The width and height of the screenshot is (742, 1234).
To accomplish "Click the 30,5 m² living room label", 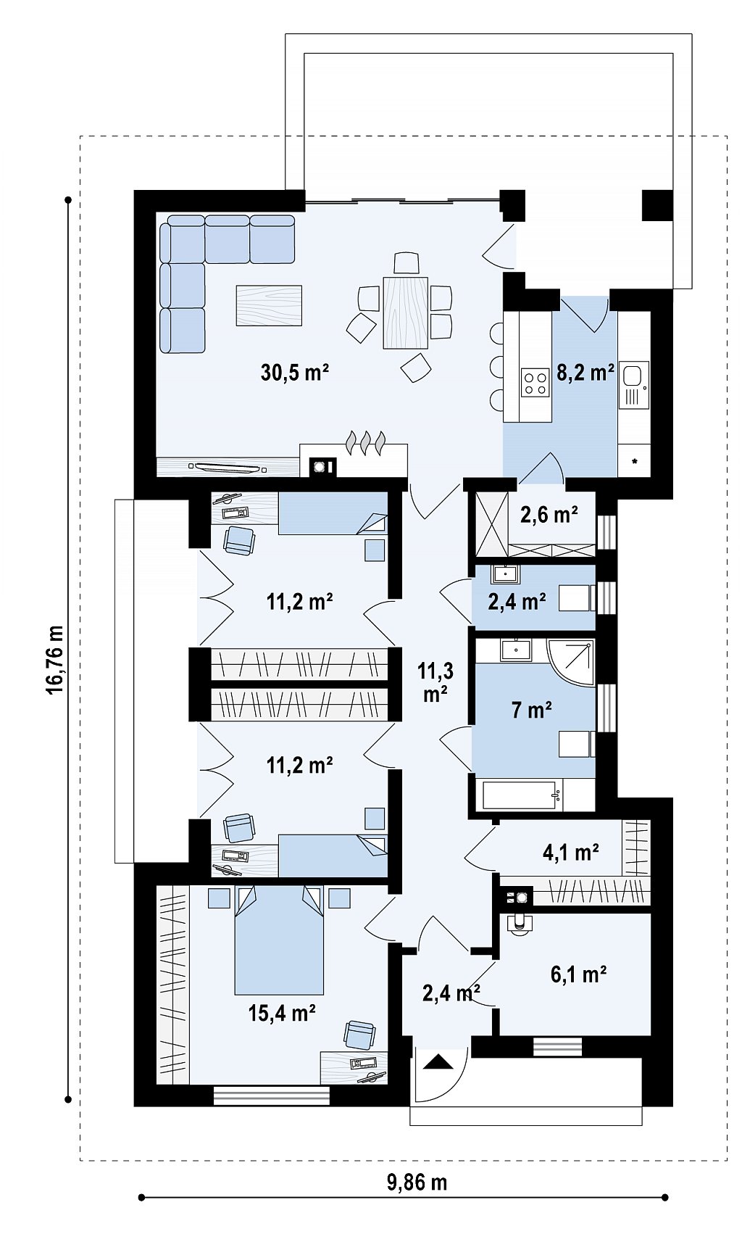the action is coord(294,373).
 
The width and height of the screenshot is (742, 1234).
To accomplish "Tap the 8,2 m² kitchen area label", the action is coord(585,373).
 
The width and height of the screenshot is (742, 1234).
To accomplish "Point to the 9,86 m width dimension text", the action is coord(417,1182).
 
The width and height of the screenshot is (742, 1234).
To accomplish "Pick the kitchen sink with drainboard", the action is coord(633,384).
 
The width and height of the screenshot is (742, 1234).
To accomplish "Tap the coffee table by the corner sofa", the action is coord(269,305).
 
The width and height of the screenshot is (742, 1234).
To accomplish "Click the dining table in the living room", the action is coord(406,312).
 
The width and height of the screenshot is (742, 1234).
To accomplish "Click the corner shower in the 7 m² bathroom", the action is coord(572,662).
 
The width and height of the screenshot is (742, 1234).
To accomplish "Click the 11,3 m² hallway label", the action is coord(435,683).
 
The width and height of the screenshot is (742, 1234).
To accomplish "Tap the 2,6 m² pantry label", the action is coord(549,515).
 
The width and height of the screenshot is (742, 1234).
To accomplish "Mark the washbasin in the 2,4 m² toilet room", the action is coord(505,574).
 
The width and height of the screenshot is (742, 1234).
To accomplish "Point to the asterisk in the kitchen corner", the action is coord(635,461).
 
